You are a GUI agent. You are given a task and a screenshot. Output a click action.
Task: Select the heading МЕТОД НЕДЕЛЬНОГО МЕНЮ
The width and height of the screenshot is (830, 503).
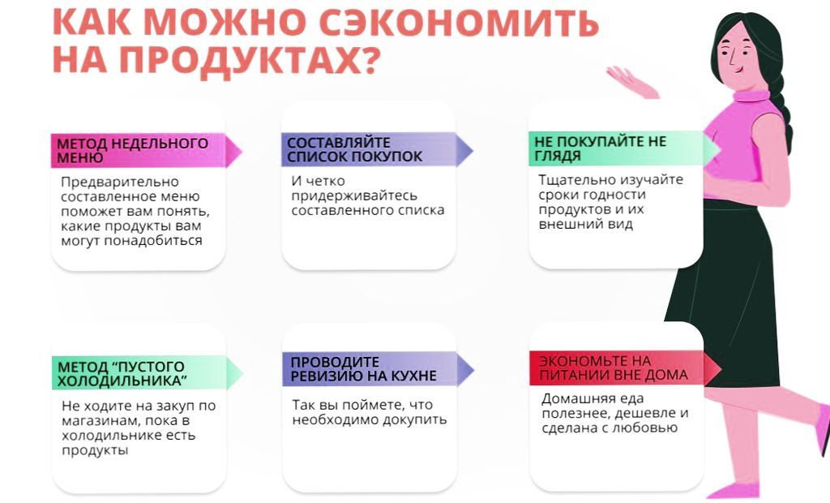click(x=132, y=151)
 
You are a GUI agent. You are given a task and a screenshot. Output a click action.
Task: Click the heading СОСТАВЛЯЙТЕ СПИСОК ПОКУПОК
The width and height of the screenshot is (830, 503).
click(x=355, y=149)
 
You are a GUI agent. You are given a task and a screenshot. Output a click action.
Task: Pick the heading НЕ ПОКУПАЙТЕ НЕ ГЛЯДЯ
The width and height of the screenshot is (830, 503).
click(x=601, y=148)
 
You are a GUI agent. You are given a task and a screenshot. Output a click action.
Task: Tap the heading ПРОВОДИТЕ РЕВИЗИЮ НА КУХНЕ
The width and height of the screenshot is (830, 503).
click(x=364, y=369)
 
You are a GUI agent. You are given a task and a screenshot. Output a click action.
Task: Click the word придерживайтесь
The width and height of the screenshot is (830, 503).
click(x=354, y=196)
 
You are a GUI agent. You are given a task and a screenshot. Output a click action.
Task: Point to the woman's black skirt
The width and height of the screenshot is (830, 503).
click(x=729, y=291)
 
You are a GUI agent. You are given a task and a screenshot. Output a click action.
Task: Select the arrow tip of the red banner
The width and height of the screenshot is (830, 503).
click(x=721, y=368)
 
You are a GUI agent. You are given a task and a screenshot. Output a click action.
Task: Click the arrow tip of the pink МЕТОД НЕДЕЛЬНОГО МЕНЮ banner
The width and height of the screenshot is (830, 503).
click(x=242, y=151)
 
